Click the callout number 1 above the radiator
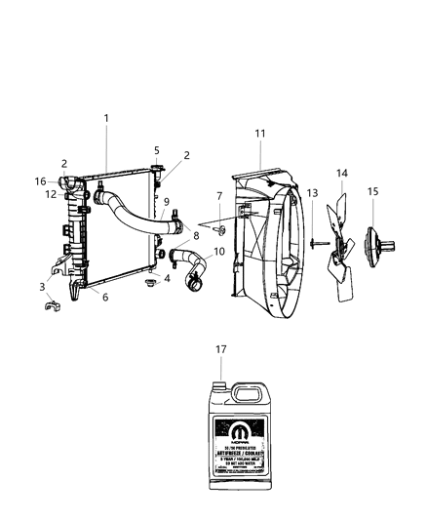[106, 118]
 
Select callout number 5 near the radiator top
[155, 150]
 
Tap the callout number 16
[40, 181]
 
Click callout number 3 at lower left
[41, 286]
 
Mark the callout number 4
[167, 278]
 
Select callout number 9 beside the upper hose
[166, 202]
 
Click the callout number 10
[218, 252]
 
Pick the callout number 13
[313, 194]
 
